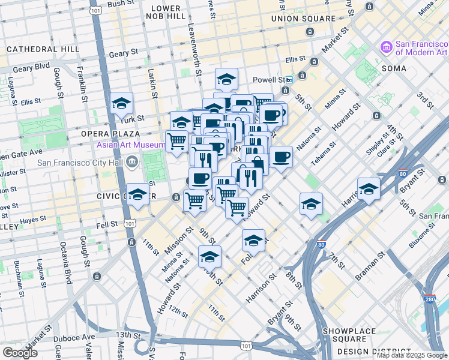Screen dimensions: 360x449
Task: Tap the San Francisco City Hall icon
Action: [x=132, y=161]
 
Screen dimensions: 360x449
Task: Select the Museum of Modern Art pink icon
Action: [x=386, y=47]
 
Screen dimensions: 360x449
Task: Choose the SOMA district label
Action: [x=393, y=68]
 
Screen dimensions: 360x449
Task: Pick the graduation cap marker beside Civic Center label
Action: [x=137, y=194]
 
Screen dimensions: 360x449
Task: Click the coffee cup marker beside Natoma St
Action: [x=281, y=157]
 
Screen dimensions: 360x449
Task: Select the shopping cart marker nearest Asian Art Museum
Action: [x=177, y=142]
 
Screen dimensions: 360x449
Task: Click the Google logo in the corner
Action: [x=20, y=353]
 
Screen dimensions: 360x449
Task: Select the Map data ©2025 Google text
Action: [x=412, y=355]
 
